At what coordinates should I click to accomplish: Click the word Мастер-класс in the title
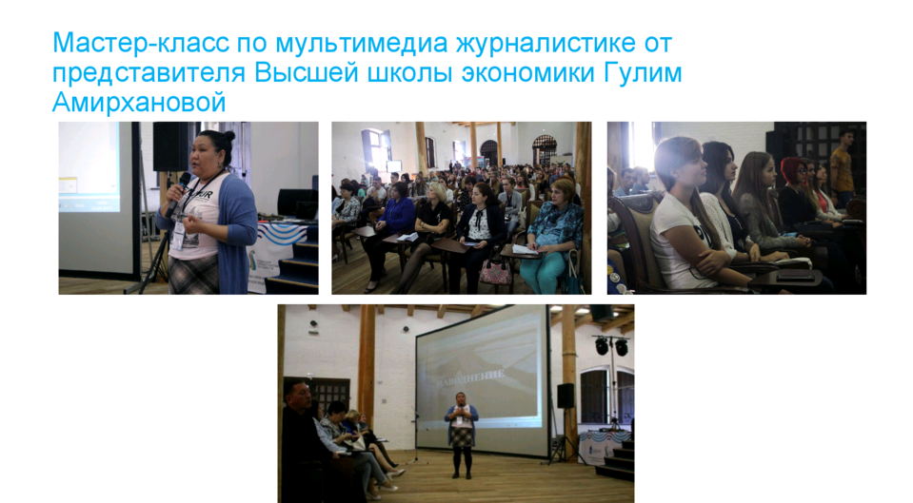(x=141, y=43)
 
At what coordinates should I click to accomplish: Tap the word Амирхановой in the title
(x=139, y=103)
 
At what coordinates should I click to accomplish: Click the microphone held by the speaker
(x=179, y=191)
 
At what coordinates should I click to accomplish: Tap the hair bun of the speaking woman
(x=228, y=137)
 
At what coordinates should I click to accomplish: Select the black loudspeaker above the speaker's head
(x=170, y=146)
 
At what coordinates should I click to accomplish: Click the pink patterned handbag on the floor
(x=495, y=272)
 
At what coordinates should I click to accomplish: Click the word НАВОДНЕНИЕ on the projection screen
(x=471, y=377)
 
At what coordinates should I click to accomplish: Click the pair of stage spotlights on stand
(x=611, y=346)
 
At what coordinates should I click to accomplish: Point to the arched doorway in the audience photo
(x=545, y=149)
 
